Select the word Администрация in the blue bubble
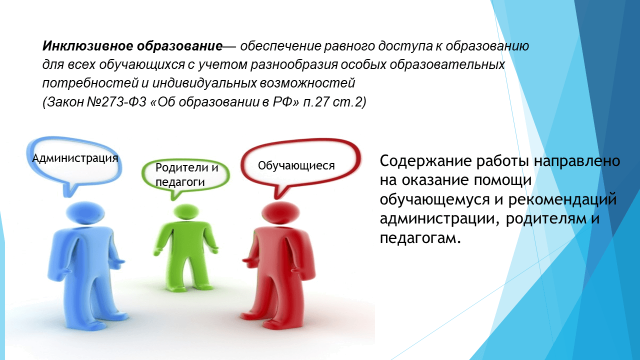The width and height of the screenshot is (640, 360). pos(75,158)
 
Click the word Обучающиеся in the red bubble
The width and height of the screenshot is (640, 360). pos(296,165)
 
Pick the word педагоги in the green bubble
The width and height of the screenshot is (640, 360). pos(180,182)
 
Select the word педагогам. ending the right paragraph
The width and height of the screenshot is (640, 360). pos(419,237)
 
